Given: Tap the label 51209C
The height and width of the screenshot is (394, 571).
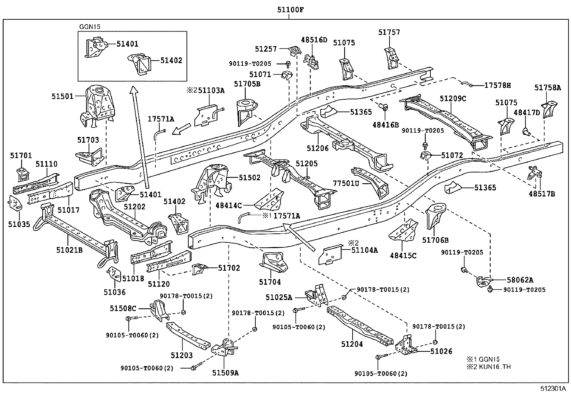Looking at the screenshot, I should coord(453,99).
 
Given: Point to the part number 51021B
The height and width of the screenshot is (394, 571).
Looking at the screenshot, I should coord(69,250).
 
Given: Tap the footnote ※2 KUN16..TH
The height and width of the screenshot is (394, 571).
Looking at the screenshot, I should coord(488,367).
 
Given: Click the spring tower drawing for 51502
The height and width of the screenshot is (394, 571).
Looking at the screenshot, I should coord(212,183).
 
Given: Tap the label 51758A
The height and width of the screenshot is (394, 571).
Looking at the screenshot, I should coord(547,88).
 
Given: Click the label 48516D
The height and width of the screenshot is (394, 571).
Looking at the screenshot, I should coord(314,40).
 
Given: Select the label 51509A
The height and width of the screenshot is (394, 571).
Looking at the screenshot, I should coord(226,372).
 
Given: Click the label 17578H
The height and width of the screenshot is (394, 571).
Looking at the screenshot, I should coord(497,85).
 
